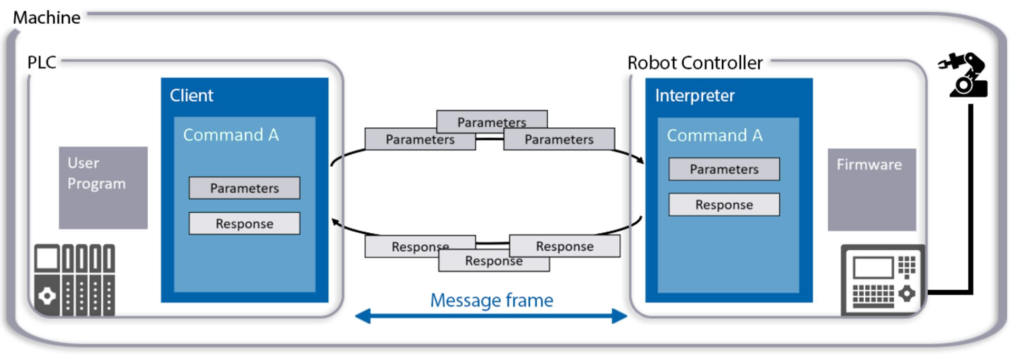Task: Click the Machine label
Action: tap(46, 17)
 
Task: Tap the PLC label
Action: tap(42, 62)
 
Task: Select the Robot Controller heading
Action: tap(695, 63)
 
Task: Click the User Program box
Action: tap(103, 188)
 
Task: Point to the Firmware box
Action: tap(872, 190)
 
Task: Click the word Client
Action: tap(192, 96)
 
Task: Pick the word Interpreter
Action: tap(695, 96)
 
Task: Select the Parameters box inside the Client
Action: tap(245, 188)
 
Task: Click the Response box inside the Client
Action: tap(245, 223)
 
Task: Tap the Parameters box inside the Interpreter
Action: tap(724, 169)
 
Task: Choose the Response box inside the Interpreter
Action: tap(724, 204)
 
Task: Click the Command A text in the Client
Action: tap(231, 135)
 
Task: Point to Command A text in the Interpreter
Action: tap(715, 136)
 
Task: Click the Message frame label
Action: tap(492, 300)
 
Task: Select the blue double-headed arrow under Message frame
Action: tap(491, 316)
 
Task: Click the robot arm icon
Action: tap(963, 74)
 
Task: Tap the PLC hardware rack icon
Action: tap(74, 280)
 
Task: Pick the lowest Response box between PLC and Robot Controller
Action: tap(494, 261)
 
